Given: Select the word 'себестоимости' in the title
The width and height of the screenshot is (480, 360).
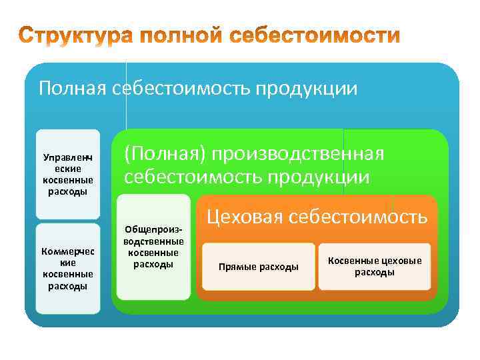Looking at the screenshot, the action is pos(321,36).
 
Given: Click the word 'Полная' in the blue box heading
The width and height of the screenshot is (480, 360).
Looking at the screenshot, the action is pos(71,89).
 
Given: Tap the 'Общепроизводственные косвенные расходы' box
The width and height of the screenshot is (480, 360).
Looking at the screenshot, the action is pos(153,247).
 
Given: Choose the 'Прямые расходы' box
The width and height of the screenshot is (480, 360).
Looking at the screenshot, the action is pos(259,267).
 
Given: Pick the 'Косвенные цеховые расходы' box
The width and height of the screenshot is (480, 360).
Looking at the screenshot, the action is pos(375,267).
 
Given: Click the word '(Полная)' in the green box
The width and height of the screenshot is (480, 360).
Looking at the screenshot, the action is pos(163,154).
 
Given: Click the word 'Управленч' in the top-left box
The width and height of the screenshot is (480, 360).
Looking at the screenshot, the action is pos(68,158).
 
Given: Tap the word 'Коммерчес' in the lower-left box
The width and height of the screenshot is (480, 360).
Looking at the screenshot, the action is pos(68,251).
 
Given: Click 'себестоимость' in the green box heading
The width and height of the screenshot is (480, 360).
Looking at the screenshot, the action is pos(193,177).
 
